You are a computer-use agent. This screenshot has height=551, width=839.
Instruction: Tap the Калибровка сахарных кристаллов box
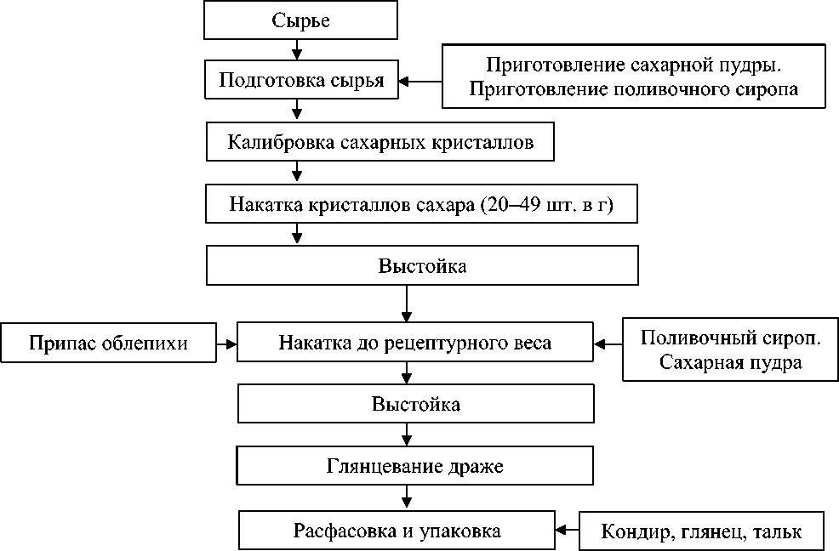tap(380, 142)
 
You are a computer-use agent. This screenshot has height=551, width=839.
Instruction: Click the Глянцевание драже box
tap(415, 467)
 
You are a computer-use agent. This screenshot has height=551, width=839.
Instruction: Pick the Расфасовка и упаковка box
tap(397, 531)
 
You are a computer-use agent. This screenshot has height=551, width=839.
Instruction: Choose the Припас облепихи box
tap(108, 344)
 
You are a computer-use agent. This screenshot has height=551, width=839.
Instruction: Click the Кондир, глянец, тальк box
tap(701, 532)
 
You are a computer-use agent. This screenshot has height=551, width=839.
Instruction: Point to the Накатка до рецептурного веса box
tap(414, 344)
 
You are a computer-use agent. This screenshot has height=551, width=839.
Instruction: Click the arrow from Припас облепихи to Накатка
tap(226, 344)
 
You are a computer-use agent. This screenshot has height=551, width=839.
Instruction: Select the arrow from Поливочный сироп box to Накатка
tap(608, 344)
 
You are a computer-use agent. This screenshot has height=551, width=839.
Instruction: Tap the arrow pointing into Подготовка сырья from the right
tap(420, 82)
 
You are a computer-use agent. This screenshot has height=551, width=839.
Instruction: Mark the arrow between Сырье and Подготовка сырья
tap(296, 50)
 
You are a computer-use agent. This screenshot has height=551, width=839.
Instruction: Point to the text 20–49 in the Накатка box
tap(505, 206)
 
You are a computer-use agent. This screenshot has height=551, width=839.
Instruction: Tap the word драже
tap(478, 467)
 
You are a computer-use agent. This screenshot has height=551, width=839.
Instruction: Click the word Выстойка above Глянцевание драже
tap(415, 404)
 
